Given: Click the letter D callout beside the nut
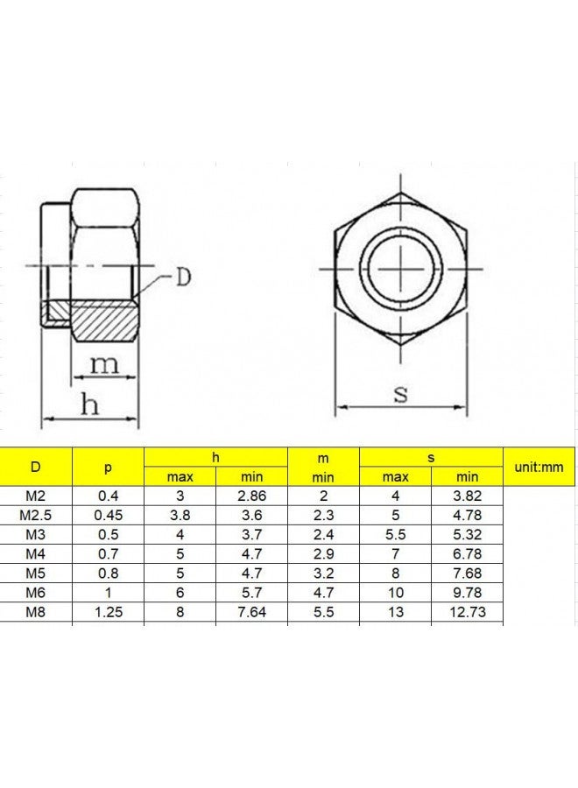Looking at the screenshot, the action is coord(183,277).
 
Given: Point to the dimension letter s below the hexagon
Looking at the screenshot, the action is coord(400,393).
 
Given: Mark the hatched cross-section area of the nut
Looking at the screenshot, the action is coord(103,320).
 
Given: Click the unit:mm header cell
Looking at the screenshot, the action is coord(539,467).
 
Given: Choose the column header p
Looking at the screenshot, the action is coord(108,467).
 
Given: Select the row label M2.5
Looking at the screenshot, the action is coord(35,515).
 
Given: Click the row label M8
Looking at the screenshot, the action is coord(35,612).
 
